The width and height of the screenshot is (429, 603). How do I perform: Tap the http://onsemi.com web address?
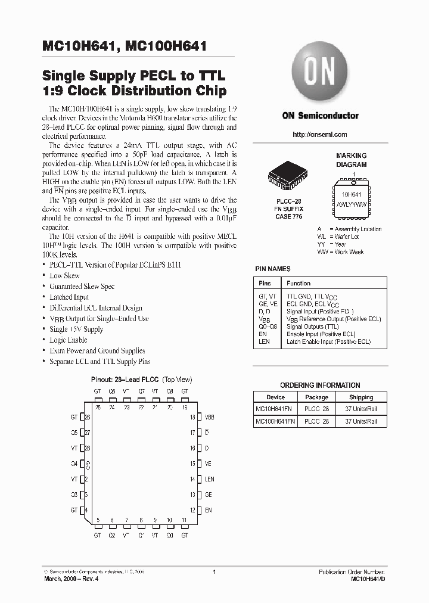click(x=320, y=135)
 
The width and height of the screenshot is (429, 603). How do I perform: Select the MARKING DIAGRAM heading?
click(x=351, y=160)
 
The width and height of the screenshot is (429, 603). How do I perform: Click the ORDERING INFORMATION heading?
click(x=320, y=386)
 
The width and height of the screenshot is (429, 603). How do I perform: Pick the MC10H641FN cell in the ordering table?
click(x=275, y=409)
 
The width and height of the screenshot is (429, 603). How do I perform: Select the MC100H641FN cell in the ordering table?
click(x=275, y=421)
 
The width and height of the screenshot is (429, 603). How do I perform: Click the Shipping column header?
click(x=361, y=397)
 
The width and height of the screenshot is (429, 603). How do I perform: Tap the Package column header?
click(x=316, y=397)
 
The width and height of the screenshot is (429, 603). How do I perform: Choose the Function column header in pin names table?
click(x=299, y=283)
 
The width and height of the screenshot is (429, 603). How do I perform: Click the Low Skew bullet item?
click(x=64, y=276)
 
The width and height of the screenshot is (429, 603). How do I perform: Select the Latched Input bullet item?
click(x=69, y=297)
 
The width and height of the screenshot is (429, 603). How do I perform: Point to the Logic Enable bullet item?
click(x=69, y=340)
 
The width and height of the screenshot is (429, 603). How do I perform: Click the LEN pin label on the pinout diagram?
click(x=210, y=479)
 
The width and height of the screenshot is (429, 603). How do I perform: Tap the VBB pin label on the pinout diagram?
click(x=210, y=417)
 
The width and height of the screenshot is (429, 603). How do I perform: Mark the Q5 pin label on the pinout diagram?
click(x=74, y=433)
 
